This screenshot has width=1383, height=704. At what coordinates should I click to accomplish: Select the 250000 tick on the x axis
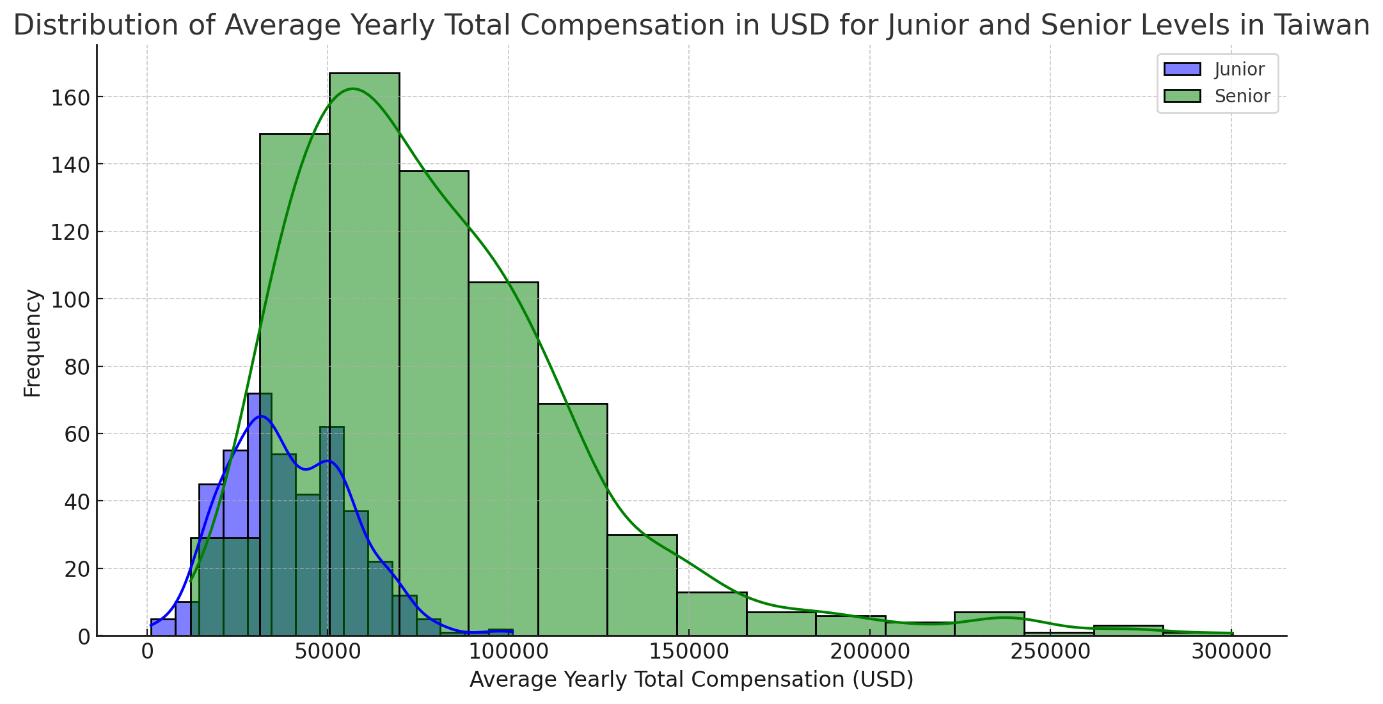tap(1050, 652)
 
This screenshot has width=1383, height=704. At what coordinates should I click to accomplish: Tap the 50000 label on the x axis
tap(328, 652)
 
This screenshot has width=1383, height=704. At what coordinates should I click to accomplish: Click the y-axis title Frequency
tap(32, 343)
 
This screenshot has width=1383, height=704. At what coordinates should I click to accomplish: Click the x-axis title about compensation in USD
tap(691, 680)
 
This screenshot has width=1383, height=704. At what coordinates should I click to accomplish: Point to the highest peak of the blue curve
tap(260, 416)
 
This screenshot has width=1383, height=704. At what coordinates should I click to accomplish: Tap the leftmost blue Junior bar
tap(162, 627)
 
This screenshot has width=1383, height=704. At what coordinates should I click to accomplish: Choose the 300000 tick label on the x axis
tap(1230, 652)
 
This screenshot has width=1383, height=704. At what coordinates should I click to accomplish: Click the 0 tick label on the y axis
tap(84, 636)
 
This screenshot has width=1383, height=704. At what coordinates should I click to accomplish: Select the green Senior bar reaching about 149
tap(294, 320)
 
